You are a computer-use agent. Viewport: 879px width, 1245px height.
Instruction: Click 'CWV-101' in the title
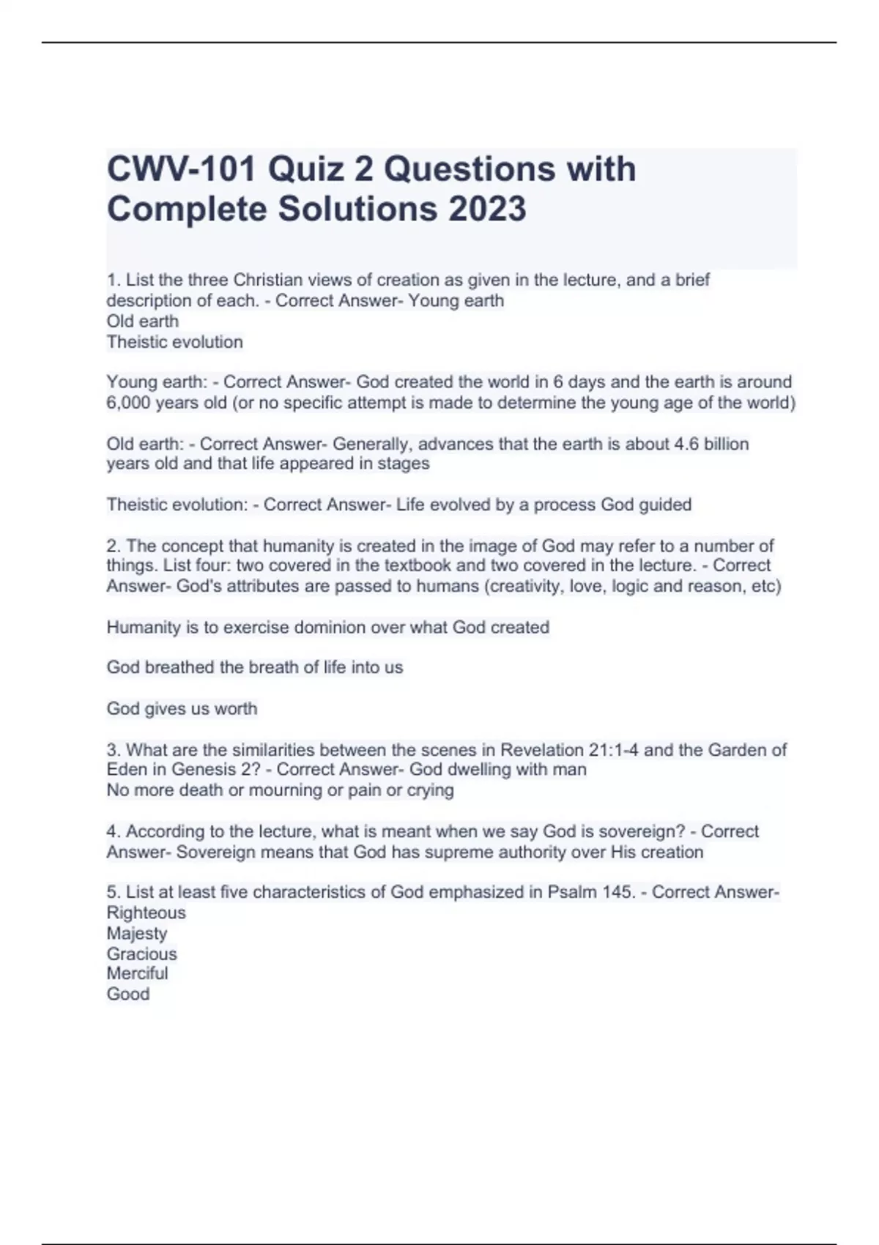[181, 170]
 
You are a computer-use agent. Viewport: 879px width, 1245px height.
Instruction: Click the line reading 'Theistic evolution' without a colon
[174, 342]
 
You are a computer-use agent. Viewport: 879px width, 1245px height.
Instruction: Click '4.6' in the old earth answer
[686, 444]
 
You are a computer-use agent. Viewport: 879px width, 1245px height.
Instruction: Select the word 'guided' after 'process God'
[664, 505]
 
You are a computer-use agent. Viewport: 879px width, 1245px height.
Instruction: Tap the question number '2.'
[114, 546]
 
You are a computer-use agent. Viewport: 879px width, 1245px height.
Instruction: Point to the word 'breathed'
[179, 667]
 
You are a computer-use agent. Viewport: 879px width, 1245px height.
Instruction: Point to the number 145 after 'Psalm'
[619, 892]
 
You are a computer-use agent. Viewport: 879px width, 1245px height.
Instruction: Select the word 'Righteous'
[146, 913]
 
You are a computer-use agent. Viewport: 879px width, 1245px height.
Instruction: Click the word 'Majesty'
[137, 934]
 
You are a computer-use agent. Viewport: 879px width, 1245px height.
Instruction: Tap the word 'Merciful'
[137, 974]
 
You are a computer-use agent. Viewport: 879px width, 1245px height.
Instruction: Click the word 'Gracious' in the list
[141, 954]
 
